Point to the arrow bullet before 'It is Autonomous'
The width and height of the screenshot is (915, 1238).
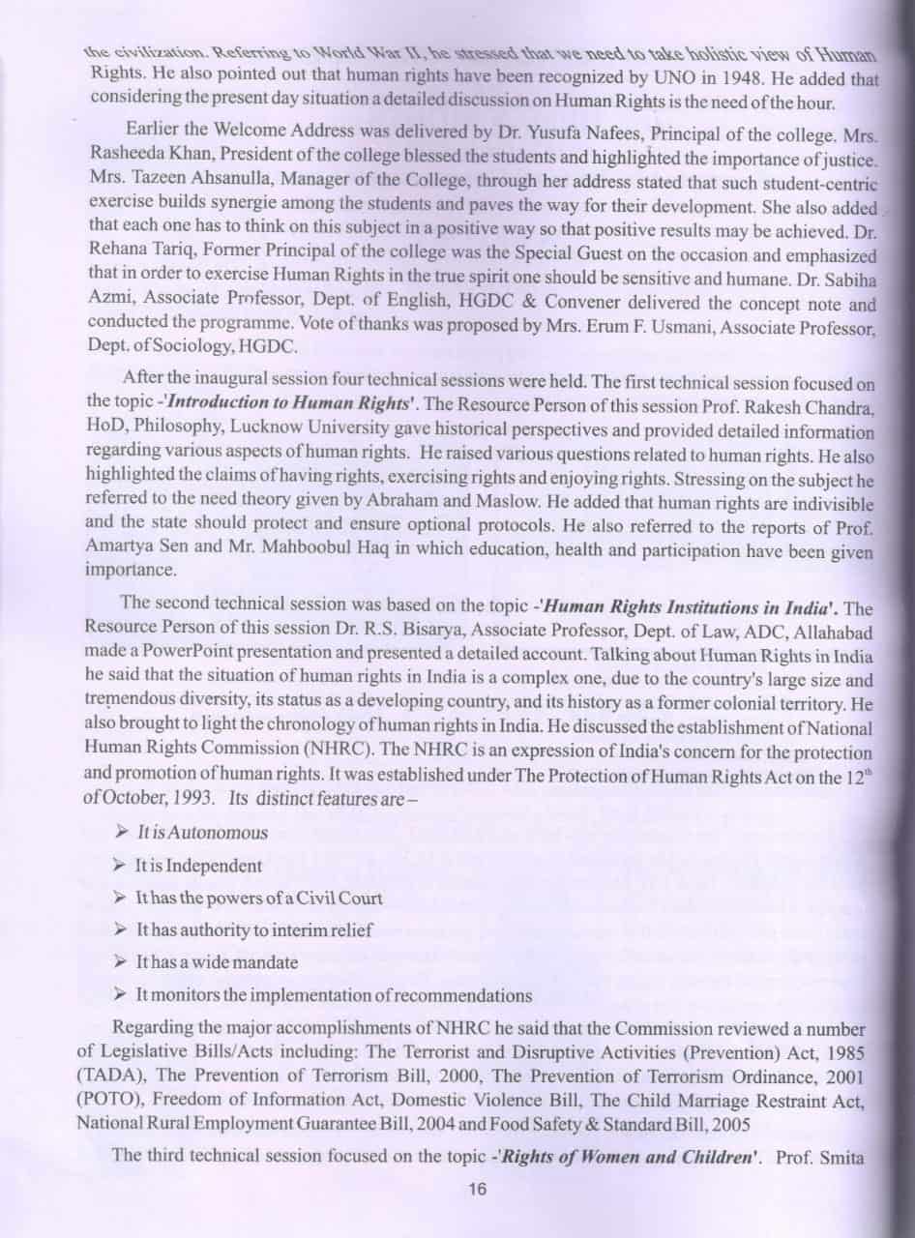click(122, 831)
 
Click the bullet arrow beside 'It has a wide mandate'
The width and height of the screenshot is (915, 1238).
click(122, 961)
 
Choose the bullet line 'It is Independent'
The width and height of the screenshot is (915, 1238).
click(199, 865)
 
